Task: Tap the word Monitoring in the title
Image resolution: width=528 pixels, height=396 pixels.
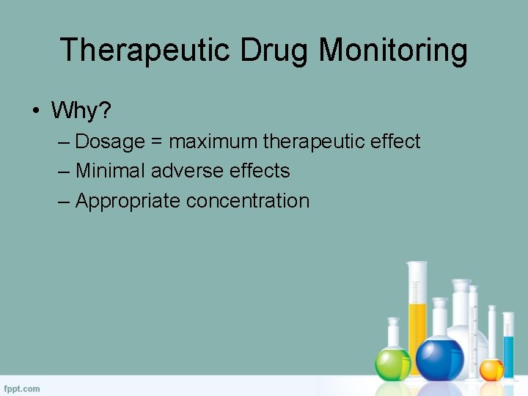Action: pyautogui.click(x=395, y=51)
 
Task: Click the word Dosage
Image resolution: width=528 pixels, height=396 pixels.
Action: pyautogui.click(x=110, y=142)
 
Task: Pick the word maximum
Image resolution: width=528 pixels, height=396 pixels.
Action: pyautogui.click(x=213, y=142)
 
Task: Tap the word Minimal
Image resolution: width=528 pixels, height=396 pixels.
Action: pyautogui.click(x=110, y=171)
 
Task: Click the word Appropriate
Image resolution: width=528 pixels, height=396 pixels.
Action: pyautogui.click(x=128, y=201)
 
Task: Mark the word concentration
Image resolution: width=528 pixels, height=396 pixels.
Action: pyautogui.click(x=248, y=201)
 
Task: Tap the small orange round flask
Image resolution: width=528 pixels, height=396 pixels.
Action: pyautogui.click(x=491, y=369)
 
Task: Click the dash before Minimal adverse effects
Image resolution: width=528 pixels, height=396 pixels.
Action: pyautogui.click(x=63, y=172)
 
